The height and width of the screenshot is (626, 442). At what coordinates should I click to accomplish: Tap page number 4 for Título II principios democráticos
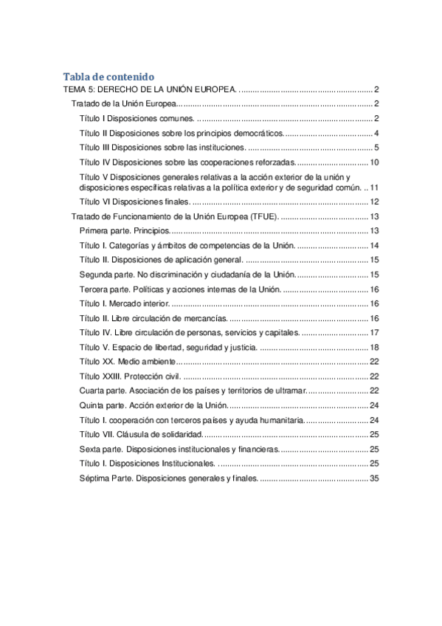tap(376, 134)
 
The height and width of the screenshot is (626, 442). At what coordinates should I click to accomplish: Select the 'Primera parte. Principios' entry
tap(124, 231)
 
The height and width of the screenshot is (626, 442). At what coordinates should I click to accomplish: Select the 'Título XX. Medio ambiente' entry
tap(127, 362)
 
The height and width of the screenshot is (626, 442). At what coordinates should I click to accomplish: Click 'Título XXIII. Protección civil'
tap(130, 376)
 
